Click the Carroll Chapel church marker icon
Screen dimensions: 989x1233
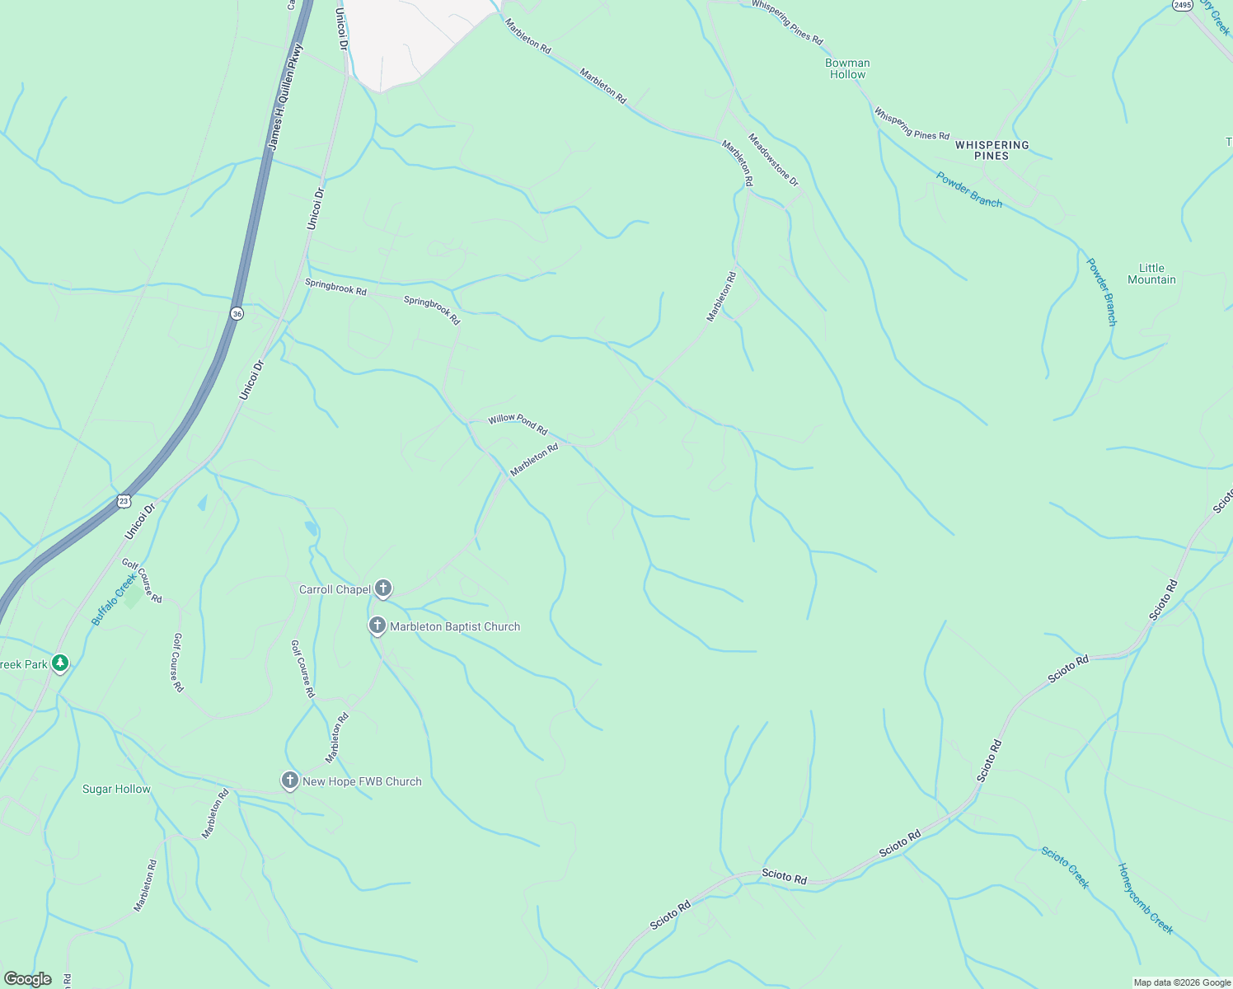(382, 588)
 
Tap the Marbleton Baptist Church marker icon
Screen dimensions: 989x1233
(377, 626)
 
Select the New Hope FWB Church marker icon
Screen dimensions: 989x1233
(289, 780)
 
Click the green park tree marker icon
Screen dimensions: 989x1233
(59, 663)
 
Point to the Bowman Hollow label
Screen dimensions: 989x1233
(847, 68)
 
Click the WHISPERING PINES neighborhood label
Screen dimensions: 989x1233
(992, 150)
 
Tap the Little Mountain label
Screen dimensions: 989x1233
(1151, 274)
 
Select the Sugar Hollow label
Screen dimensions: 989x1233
(116, 789)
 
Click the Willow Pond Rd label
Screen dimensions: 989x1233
(518, 424)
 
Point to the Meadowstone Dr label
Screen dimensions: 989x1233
(773, 159)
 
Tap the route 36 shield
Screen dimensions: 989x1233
(237, 314)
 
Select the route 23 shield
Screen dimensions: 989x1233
(124, 500)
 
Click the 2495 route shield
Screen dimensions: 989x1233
(1183, 5)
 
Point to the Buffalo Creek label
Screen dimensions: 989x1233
(114, 599)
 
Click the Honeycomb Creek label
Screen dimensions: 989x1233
(1145, 898)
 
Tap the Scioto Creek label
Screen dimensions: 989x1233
(1065, 868)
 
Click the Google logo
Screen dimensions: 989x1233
(27, 979)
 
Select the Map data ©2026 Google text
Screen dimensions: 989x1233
(1182, 982)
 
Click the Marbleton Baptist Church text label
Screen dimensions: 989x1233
(455, 626)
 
